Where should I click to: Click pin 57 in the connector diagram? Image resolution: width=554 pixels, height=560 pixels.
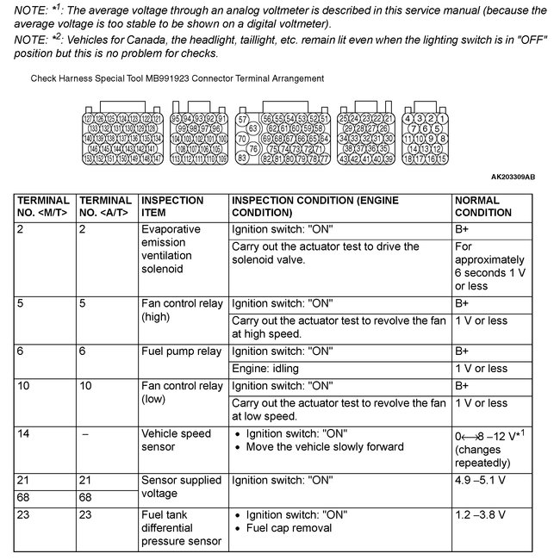point(243,118)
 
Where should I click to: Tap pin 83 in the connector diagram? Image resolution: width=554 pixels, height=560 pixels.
point(243,159)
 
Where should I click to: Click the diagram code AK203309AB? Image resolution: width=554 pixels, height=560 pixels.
point(513,177)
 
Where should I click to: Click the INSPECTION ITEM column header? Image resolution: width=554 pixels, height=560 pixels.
point(171,206)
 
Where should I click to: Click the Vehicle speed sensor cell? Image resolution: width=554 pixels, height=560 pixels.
point(176,440)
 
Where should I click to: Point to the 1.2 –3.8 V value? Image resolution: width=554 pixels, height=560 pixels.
point(482,515)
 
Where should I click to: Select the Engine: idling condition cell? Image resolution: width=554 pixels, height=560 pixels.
point(271,369)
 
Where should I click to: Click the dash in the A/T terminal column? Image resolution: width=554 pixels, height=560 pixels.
point(84,434)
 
